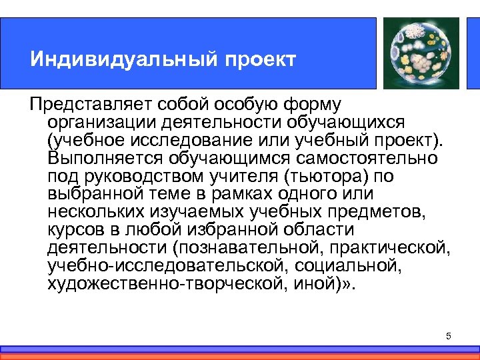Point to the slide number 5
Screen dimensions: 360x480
tap(449, 336)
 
